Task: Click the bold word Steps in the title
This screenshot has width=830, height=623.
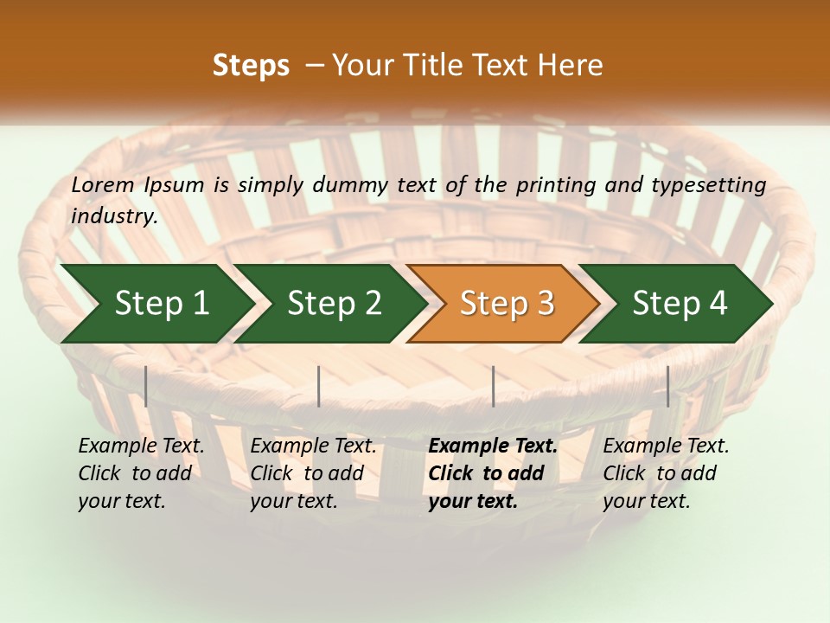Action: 251,65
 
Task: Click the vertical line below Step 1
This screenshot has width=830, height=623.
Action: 146,386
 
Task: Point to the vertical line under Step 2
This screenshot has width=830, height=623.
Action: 319,386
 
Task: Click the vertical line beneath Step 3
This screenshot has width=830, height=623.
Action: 493,386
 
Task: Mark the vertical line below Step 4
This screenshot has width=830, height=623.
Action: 667,386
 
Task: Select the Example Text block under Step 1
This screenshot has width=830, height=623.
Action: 140,473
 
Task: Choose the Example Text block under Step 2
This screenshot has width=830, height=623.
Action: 312,473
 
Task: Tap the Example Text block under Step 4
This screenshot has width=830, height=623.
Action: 665,473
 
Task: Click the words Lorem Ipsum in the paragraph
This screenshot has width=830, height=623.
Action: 137,185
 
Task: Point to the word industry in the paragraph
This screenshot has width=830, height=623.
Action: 113,216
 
